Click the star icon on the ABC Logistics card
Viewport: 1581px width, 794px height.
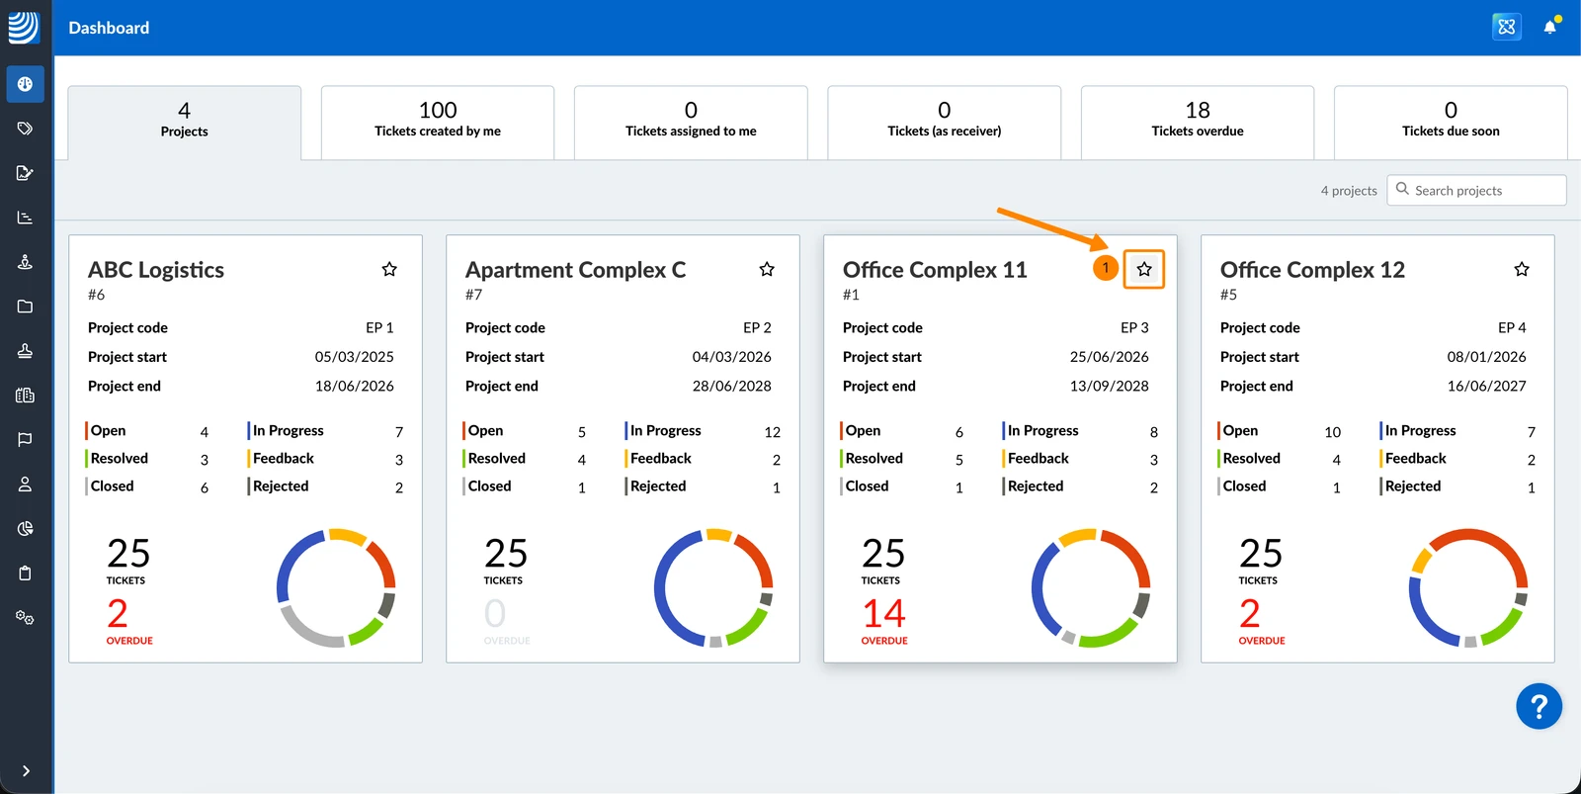[x=389, y=269]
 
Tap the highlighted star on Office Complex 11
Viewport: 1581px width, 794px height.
[x=1144, y=269]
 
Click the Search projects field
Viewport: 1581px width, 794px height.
[x=1476, y=190]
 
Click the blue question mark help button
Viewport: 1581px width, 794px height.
[x=1539, y=706]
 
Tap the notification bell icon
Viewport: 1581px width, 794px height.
[x=1549, y=27]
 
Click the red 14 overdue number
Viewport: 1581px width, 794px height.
[x=883, y=613]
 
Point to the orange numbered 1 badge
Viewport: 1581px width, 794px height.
[x=1106, y=268]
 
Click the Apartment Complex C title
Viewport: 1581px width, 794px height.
[x=575, y=270]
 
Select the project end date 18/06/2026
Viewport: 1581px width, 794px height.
[x=355, y=386]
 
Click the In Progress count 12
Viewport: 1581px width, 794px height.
[x=772, y=432]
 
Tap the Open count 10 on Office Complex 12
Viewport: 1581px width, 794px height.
[x=1332, y=432]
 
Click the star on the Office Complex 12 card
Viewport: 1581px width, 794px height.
[x=1521, y=269]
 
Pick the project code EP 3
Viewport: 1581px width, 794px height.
[x=1134, y=327]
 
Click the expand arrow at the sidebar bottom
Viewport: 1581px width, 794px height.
[x=26, y=770]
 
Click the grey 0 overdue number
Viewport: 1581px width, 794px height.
[x=495, y=613]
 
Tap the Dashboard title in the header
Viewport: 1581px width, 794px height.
[x=109, y=28]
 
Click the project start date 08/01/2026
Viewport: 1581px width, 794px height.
[x=1486, y=357]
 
